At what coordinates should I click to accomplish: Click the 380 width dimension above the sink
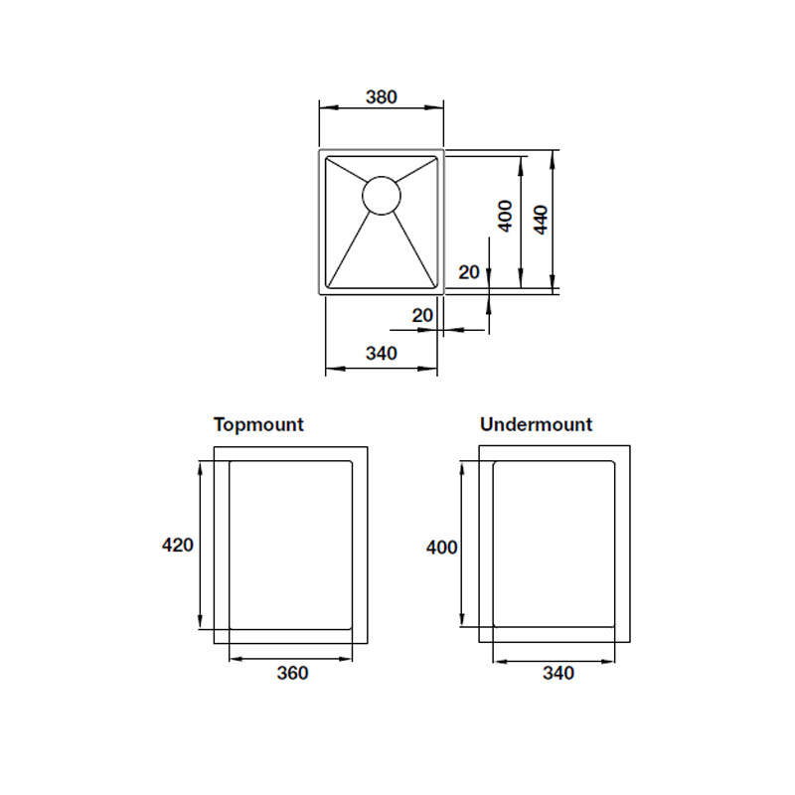pyautogui.click(x=382, y=96)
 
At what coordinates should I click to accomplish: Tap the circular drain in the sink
pyautogui.click(x=382, y=195)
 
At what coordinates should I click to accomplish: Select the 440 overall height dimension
pyautogui.click(x=541, y=220)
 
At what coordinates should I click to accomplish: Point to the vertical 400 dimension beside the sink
pyautogui.click(x=506, y=216)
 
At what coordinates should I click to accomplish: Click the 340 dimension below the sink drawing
pyautogui.click(x=382, y=353)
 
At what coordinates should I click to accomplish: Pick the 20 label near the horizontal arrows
pyautogui.click(x=422, y=315)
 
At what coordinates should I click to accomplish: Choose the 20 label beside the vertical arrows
pyautogui.click(x=468, y=272)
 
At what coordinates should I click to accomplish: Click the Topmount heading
pyautogui.click(x=258, y=425)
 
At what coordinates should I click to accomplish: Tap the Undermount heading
pyautogui.click(x=536, y=424)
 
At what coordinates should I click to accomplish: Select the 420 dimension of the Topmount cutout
pyautogui.click(x=178, y=545)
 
